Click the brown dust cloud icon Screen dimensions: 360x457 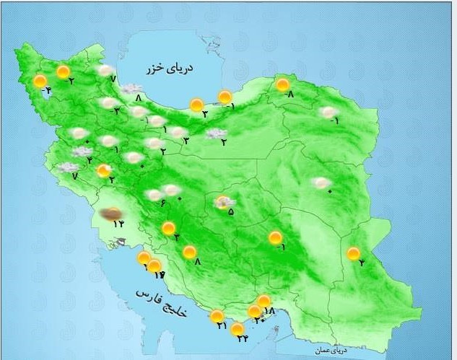coord(111,214)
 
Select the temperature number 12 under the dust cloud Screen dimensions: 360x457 coord(118,224)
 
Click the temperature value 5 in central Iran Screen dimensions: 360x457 coord(230,212)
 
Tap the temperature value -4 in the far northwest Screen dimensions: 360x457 coord(47,90)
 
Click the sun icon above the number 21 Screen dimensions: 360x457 coord(217,316)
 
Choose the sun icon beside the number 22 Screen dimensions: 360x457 coord(237,329)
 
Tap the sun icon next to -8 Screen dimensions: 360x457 coord(283,85)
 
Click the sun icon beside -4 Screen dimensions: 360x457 coord(40,81)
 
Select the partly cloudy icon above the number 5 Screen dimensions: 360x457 coord(225,202)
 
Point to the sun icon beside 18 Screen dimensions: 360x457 coord(264,301)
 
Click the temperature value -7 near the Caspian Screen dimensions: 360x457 coord(113,78)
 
